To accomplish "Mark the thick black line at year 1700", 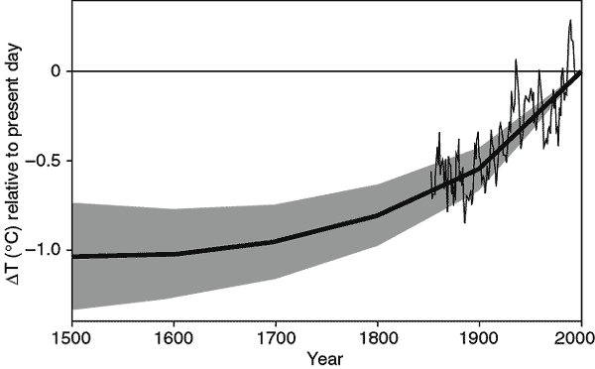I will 276,241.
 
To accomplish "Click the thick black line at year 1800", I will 378,215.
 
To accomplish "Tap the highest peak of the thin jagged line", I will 570,21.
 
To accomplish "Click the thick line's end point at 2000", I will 580,71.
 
